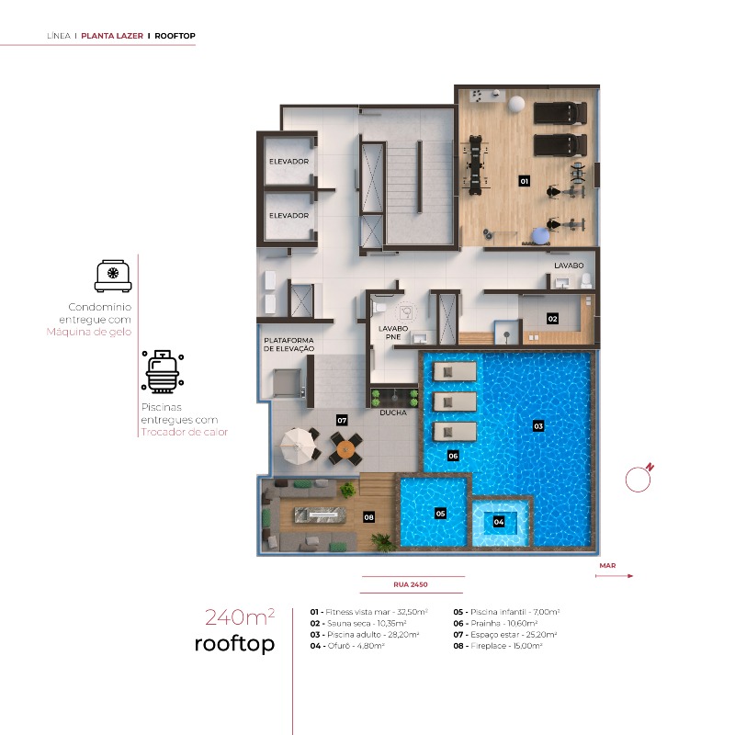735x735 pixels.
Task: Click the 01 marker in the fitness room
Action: (525, 181)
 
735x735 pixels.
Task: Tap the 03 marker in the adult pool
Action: (538, 425)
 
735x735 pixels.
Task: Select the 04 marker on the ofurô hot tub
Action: (499, 521)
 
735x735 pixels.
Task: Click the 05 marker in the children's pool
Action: (440, 513)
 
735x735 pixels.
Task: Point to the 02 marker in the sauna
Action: (552, 319)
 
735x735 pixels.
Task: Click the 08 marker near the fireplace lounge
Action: (368, 517)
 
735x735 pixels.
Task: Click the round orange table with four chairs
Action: (345, 448)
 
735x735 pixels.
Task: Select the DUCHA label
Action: (392, 413)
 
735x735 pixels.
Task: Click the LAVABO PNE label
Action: (391, 332)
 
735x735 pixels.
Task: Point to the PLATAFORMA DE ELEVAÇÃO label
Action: (289, 345)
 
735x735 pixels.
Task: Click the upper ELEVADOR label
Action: (288, 162)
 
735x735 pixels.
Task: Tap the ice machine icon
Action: (112, 275)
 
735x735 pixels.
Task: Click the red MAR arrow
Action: (615, 576)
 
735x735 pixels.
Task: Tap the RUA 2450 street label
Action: (412, 584)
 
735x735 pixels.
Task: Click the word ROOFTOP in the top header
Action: (175, 36)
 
